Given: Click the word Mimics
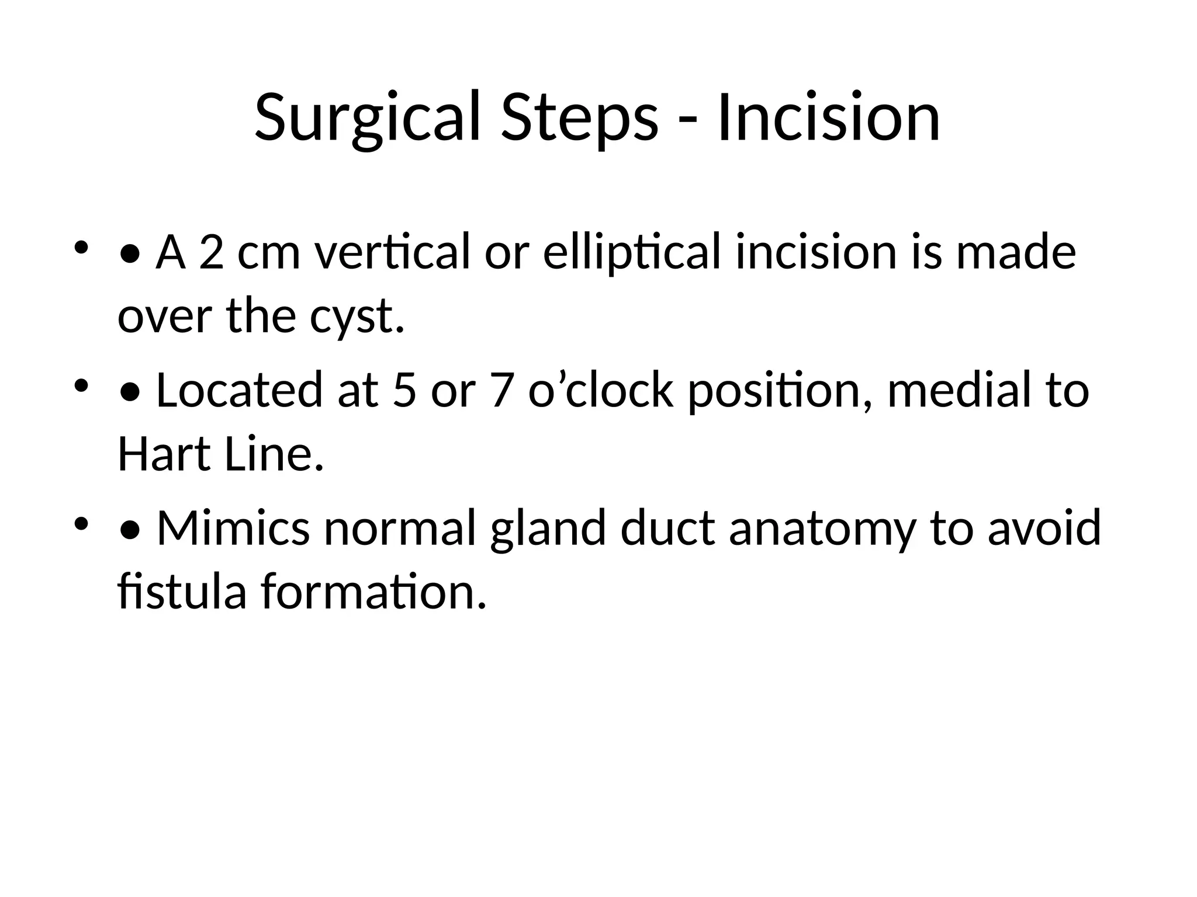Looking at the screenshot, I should pos(233,528).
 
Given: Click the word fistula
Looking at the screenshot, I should pos(182,592).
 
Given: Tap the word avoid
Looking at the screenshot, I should pos(1044,528).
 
